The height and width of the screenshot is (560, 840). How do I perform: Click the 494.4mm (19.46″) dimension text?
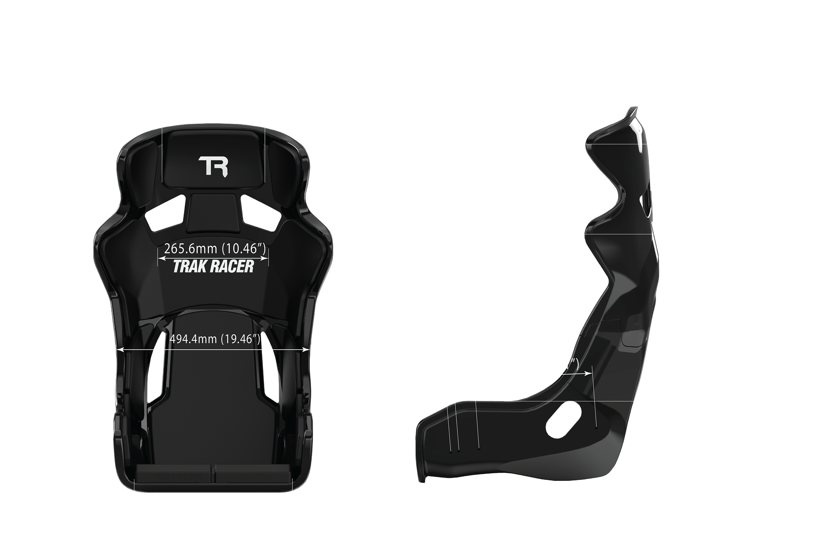[215, 339]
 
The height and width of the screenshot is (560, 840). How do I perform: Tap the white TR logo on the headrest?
[213, 166]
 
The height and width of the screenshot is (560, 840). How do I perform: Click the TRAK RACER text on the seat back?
[213, 267]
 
